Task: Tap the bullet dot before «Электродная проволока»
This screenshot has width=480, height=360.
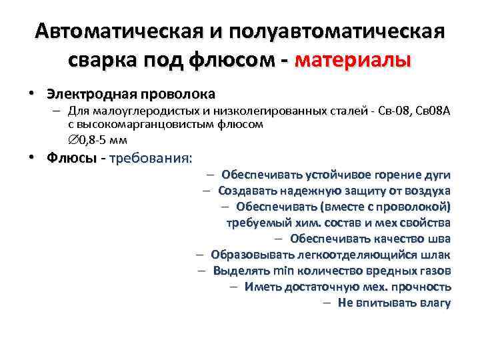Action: point(31,93)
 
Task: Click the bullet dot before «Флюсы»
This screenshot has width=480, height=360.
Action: point(31,159)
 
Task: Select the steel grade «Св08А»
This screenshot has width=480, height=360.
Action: point(435,110)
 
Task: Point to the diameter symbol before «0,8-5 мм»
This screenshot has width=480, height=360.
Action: point(73,139)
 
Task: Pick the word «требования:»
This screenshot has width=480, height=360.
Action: point(150,159)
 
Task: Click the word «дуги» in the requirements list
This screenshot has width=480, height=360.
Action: point(437,175)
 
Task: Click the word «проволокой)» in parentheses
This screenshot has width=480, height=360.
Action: point(417,206)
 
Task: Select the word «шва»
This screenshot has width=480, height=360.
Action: point(439,238)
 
